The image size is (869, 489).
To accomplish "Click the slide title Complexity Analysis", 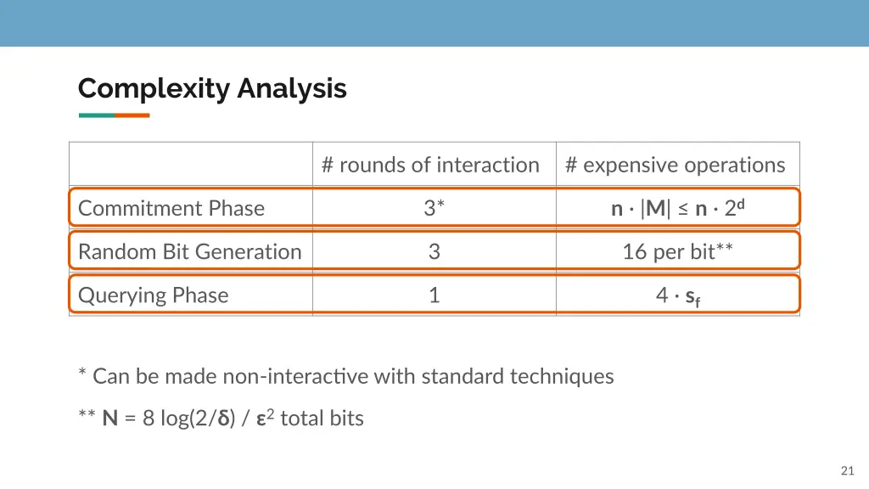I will [x=212, y=88].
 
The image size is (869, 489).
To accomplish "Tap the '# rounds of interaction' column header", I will [x=430, y=165].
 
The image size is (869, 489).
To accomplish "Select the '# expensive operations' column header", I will [x=676, y=165].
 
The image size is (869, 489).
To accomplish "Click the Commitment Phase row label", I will [x=171, y=208].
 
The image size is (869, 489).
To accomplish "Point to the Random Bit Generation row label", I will [x=189, y=251].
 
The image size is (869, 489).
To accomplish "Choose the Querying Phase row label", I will [x=153, y=295].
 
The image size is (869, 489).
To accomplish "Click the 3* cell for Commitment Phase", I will [x=434, y=208].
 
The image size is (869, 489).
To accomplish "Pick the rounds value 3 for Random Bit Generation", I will [x=434, y=251].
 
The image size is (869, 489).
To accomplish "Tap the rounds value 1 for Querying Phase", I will [x=434, y=295].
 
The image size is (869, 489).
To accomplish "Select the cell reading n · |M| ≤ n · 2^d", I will [x=678, y=208].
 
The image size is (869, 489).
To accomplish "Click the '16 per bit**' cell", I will [x=678, y=251].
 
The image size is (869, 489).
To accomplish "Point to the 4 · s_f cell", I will [x=678, y=295].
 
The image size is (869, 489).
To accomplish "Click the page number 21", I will [x=846, y=471].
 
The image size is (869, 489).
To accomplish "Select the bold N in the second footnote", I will [x=109, y=419].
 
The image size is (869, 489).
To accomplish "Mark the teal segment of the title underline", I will [x=96, y=115].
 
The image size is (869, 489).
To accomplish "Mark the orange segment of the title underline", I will [x=132, y=115].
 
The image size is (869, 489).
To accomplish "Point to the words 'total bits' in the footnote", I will [x=322, y=419].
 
